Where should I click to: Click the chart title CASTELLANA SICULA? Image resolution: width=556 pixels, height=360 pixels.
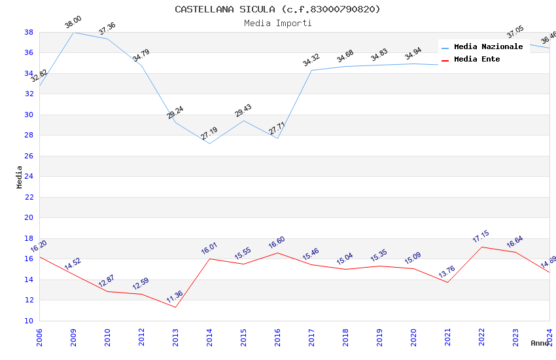click(x=277, y=9)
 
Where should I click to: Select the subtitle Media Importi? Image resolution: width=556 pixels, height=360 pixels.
click(x=277, y=23)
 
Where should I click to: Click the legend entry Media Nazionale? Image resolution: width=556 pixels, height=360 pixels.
click(x=488, y=46)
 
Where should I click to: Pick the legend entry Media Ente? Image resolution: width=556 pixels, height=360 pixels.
click(x=477, y=59)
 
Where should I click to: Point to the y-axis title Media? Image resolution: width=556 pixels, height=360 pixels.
click(x=19, y=177)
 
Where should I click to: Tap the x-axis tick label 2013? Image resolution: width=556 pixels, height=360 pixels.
click(x=175, y=337)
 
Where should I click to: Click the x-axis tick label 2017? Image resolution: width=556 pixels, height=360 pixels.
click(x=311, y=337)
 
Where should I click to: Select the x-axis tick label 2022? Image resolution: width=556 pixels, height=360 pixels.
click(x=481, y=337)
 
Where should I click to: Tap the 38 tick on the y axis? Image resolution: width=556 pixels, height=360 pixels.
click(x=29, y=32)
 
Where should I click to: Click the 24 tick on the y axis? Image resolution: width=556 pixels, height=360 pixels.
click(x=29, y=177)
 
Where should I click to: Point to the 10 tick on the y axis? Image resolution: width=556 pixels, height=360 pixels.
click(x=29, y=321)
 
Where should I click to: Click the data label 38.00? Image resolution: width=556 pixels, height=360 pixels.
click(x=73, y=23)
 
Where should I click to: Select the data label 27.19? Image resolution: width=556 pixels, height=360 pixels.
click(x=209, y=134)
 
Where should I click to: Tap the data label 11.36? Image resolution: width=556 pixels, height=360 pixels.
click(x=175, y=297)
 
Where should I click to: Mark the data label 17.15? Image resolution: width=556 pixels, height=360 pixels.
click(x=481, y=237)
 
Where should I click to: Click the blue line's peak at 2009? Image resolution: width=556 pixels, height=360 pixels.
click(x=73, y=32)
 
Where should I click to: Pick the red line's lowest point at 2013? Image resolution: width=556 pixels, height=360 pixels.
click(x=175, y=307)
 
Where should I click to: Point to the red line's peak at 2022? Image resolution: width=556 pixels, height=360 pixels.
click(x=481, y=247)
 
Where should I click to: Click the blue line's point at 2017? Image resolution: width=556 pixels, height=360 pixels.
click(x=311, y=70)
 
